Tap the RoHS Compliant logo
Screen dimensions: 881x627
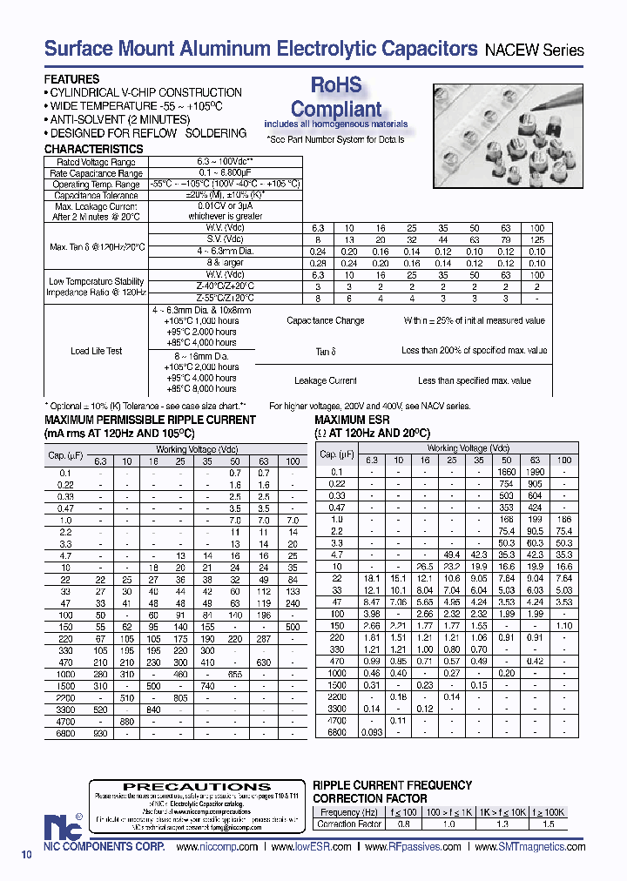point(336,98)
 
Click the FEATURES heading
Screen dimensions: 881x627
point(71,79)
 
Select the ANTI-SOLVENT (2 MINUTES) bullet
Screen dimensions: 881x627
point(119,119)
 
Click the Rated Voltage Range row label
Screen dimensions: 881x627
point(96,162)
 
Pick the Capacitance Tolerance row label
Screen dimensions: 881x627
point(96,196)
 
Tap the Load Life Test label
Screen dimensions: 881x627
point(96,352)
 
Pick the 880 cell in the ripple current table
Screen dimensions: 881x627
point(126,722)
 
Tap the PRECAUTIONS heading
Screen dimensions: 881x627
point(197,786)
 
